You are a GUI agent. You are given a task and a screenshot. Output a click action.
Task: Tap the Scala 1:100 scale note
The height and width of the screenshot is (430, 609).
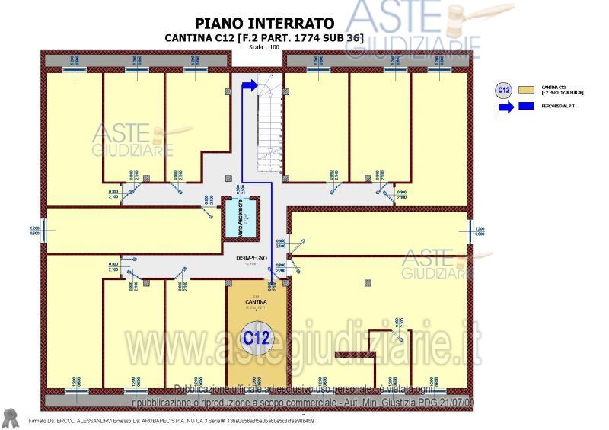point(264,47)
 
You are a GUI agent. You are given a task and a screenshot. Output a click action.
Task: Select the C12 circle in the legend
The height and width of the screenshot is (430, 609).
point(503,90)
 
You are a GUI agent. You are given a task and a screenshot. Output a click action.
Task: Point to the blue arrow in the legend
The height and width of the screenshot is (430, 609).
point(504,107)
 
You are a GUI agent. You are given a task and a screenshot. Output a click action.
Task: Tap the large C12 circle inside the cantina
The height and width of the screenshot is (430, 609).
point(257,336)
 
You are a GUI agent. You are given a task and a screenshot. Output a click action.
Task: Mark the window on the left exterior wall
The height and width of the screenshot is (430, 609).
point(44,230)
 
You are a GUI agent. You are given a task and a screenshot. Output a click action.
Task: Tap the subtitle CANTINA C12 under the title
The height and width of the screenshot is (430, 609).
point(264,37)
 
